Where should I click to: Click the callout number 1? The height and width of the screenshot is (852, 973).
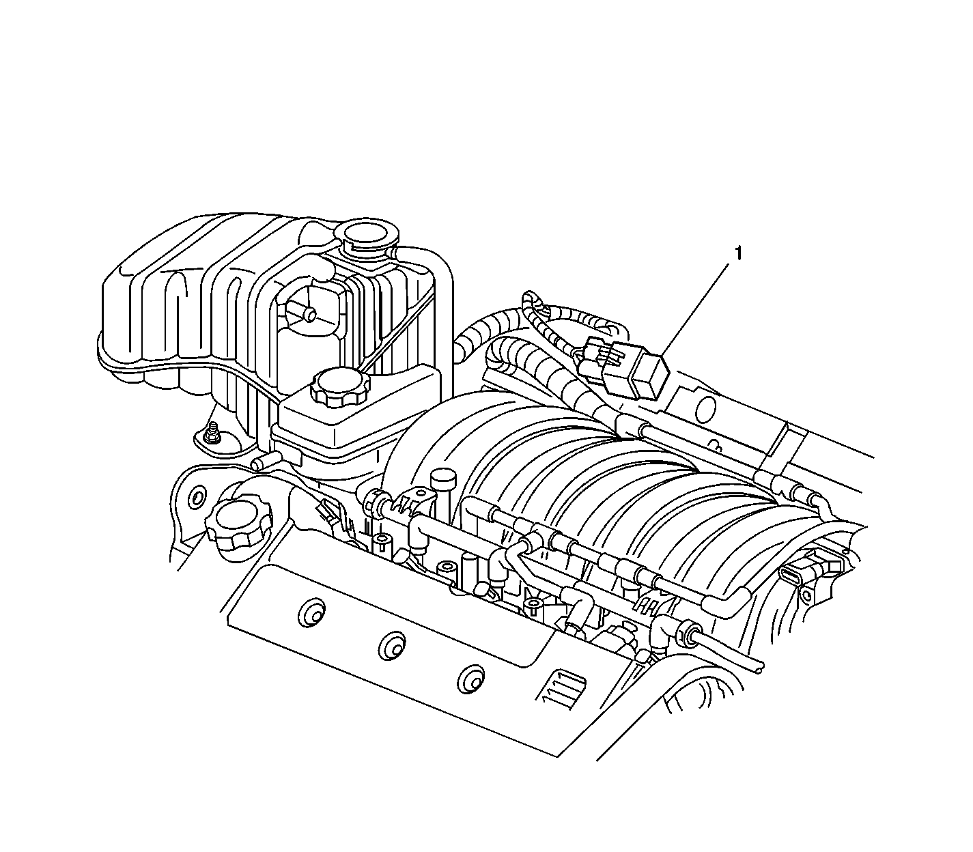[737, 253]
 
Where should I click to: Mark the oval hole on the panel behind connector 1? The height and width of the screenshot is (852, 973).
[705, 409]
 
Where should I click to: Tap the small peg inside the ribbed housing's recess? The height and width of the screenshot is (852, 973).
[309, 315]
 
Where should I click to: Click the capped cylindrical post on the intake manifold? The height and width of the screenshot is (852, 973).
[443, 482]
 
